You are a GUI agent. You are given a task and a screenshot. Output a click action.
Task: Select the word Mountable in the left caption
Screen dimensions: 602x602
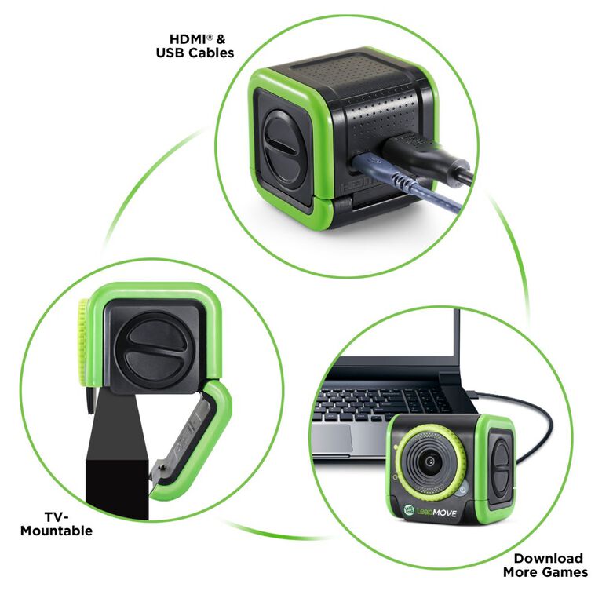57,531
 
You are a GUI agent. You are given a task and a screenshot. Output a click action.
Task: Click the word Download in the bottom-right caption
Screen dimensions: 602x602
548,558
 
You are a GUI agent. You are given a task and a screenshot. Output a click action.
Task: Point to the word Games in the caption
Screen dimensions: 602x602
565,572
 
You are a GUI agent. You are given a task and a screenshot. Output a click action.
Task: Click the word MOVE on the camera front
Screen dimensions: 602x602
451,513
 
